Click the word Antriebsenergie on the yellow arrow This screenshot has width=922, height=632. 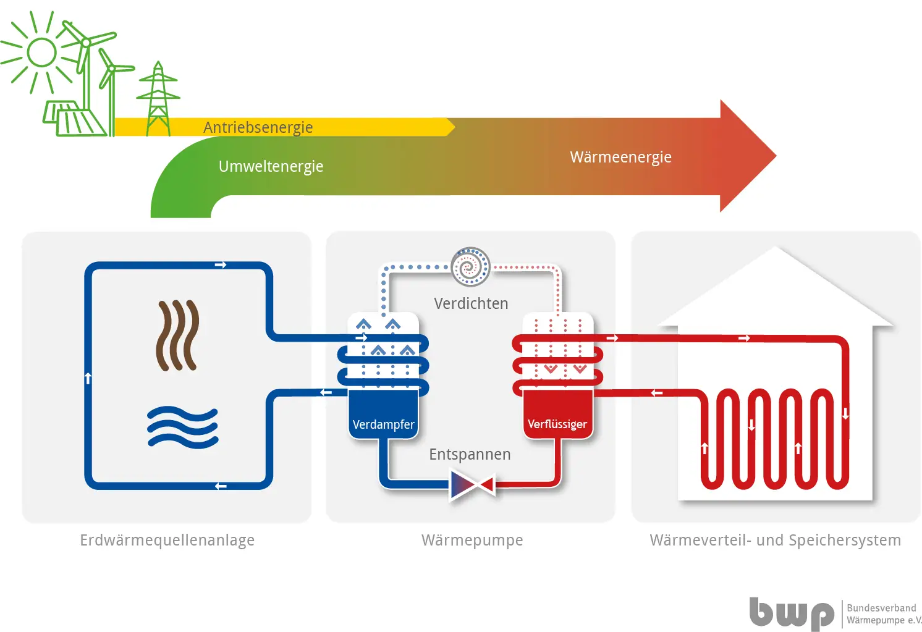(258, 127)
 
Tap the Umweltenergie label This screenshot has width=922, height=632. (271, 167)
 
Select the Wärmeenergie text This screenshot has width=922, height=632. (620, 157)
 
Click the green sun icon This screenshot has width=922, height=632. (41, 53)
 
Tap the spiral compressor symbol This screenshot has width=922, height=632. (470, 267)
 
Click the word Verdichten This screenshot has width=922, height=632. (471, 304)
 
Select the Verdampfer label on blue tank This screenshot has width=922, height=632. (383, 424)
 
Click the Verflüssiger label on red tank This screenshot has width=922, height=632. (557, 424)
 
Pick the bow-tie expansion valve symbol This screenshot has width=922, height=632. (473, 485)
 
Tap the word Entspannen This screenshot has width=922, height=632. (470, 455)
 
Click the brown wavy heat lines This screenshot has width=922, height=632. (177, 335)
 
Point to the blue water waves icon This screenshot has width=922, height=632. (182, 428)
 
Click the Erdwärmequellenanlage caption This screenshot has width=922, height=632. (167, 540)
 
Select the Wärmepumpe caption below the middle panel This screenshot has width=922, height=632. (472, 540)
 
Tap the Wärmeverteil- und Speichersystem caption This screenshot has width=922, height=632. (775, 540)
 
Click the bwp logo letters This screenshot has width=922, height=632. (792, 613)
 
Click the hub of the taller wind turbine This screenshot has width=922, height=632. (86, 43)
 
